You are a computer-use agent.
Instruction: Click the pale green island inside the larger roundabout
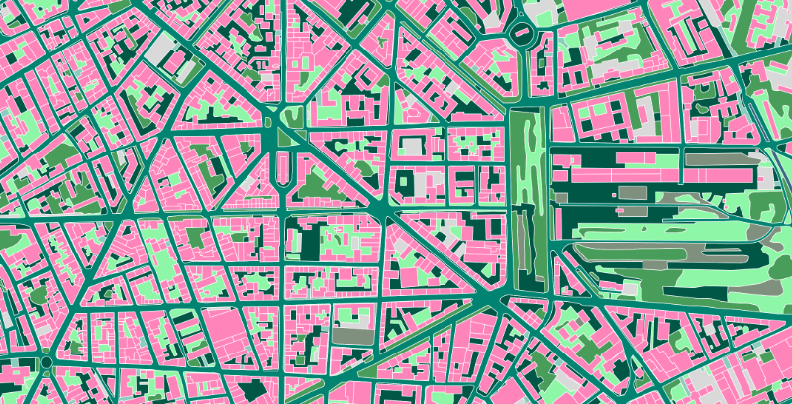522,35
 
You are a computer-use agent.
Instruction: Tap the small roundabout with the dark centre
46,363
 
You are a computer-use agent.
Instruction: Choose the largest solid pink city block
228,332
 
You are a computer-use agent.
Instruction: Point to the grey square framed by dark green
428,184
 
